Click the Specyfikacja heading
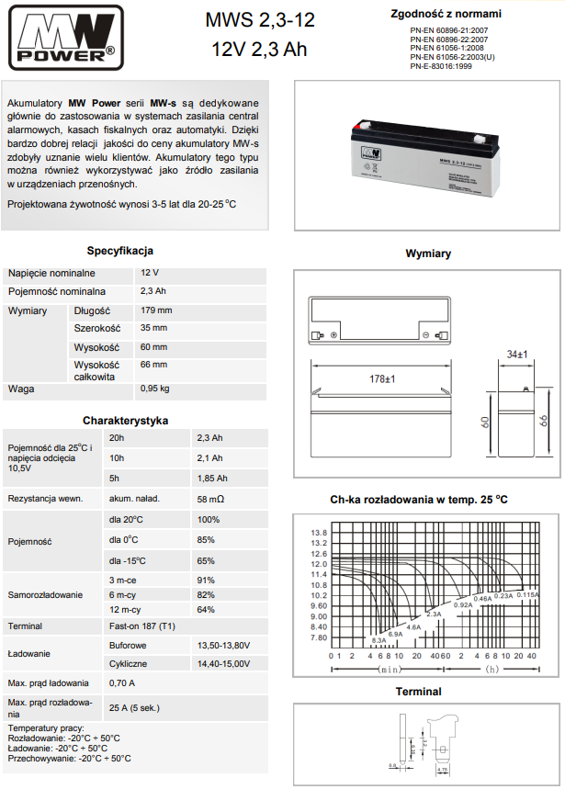tap(120, 251)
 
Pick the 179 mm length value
tap(156, 310)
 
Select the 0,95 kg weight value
tap(155, 389)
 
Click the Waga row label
tap(21, 389)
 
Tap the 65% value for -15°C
tap(206, 560)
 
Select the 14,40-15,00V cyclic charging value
tap(223, 662)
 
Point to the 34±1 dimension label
tap(517, 354)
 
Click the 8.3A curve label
tap(379, 640)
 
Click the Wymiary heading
tap(428, 254)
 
